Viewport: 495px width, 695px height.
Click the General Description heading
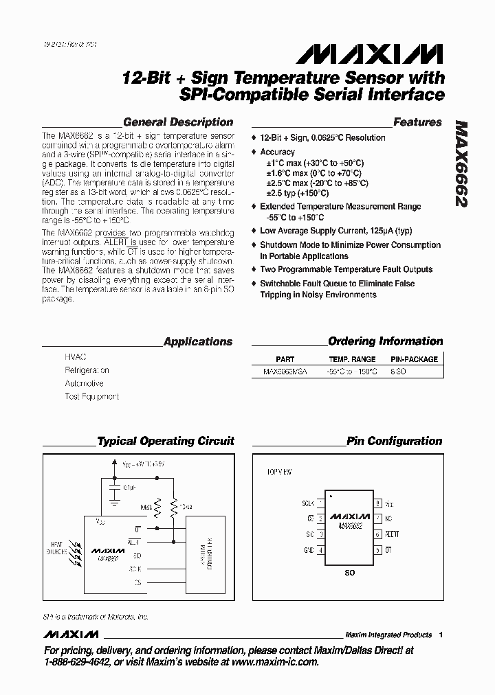(177, 122)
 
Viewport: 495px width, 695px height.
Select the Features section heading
(417, 122)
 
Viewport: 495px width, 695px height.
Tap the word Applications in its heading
(198, 341)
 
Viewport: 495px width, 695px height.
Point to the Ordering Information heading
(386, 341)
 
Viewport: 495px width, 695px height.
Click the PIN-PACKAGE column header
(414, 359)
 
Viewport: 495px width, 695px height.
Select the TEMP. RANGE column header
(352, 359)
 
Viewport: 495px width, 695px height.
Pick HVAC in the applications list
(76, 358)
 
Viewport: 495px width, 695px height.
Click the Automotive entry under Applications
(84, 383)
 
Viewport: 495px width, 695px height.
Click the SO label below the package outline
(349, 572)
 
